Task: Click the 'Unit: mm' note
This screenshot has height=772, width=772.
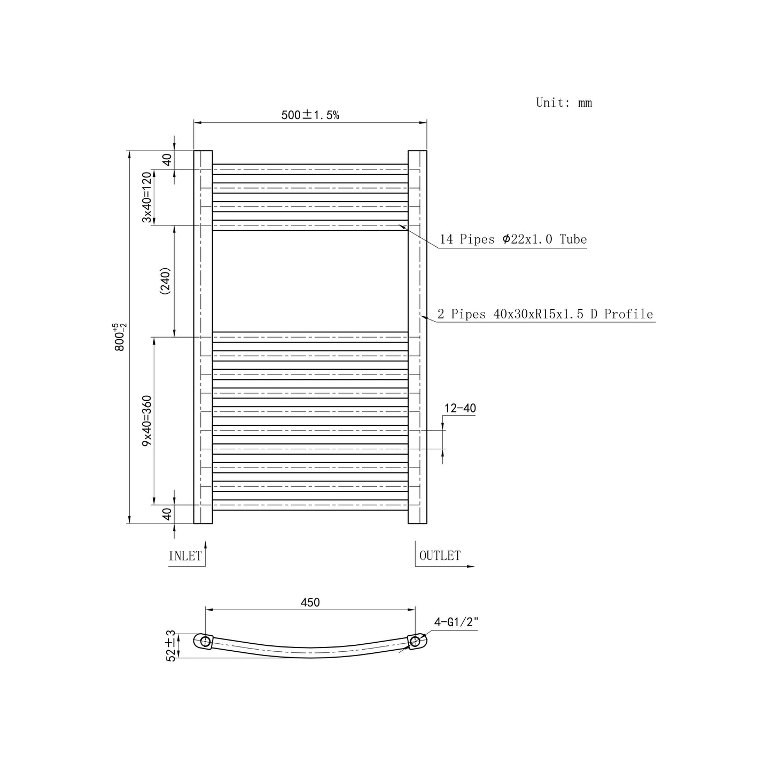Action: [x=564, y=103]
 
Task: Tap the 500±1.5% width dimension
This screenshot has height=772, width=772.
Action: [x=310, y=115]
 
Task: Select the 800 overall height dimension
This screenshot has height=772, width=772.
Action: [x=120, y=337]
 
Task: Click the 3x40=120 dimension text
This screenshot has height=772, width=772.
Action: [x=147, y=197]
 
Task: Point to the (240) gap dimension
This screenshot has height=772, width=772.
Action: [x=165, y=281]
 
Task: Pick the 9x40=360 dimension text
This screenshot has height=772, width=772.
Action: [x=147, y=420]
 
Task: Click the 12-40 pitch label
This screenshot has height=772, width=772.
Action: [x=460, y=408]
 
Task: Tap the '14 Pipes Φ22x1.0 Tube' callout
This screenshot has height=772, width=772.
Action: [x=513, y=239]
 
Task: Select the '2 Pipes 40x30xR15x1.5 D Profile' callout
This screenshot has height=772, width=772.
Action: [x=545, y=314]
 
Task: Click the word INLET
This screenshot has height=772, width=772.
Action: [x=185, y=556]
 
